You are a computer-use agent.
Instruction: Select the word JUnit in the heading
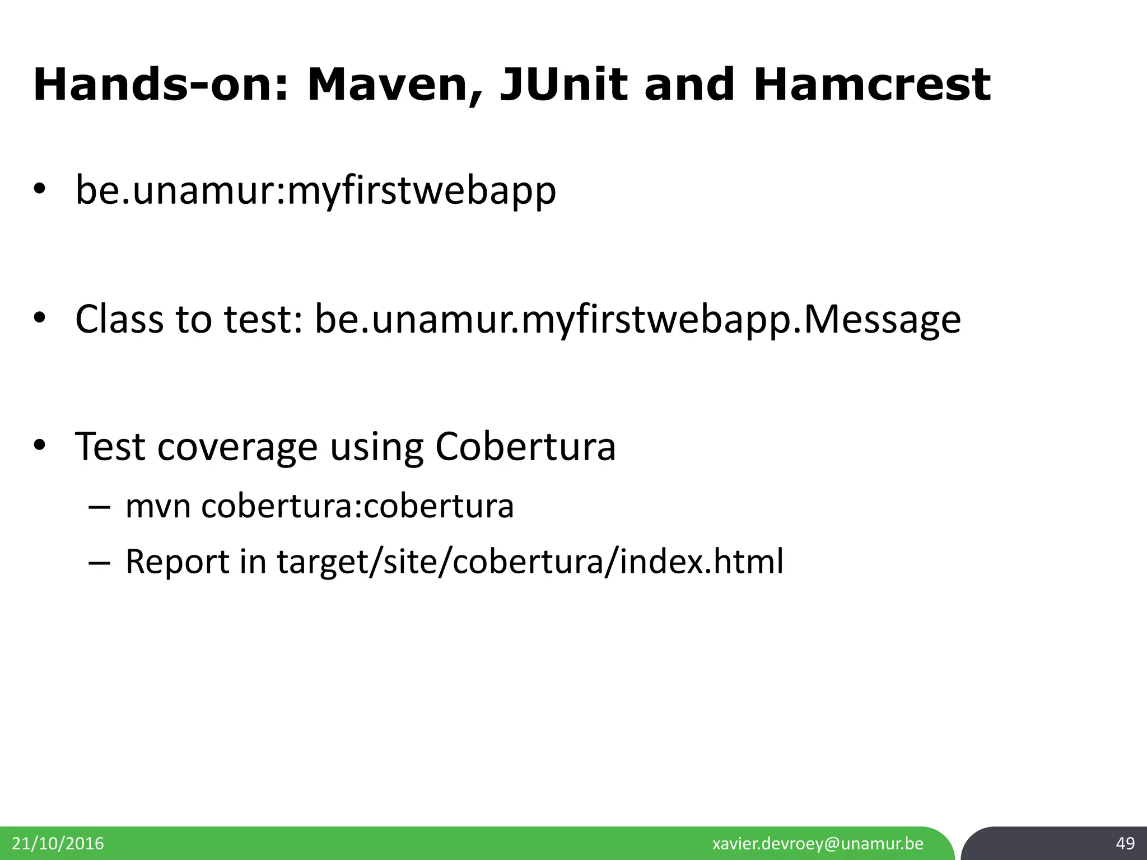point(563,85)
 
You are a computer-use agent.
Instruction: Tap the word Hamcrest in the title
point(871,85)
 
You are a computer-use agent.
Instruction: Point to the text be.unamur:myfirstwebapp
point(316,191)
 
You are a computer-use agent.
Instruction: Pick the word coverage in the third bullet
point(237,447)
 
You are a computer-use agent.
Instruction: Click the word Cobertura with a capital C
point(525,446)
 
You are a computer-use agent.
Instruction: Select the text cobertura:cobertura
point(357,506)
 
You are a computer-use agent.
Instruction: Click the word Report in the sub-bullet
point(178,562)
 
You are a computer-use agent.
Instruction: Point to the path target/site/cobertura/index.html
point(530,562)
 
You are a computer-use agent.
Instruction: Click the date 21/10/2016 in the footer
point(58,843)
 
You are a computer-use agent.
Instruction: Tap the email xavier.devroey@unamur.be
point(818,843)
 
